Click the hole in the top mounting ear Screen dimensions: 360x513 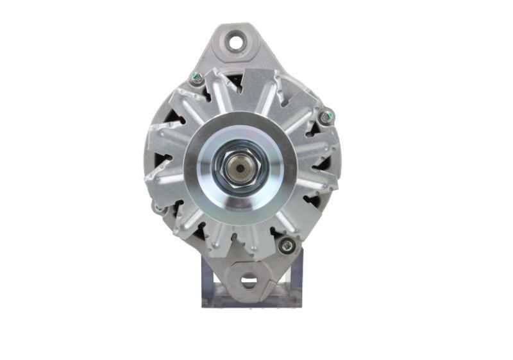237,43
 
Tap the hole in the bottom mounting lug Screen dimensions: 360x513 248,280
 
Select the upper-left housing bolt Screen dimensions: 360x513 197,80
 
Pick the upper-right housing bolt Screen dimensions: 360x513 327,117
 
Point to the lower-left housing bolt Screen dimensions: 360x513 158,208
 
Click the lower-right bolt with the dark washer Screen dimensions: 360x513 286,244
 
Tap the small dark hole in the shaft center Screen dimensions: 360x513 239,169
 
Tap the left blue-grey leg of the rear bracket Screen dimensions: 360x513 207,276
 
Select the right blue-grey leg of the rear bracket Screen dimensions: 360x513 296,276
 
